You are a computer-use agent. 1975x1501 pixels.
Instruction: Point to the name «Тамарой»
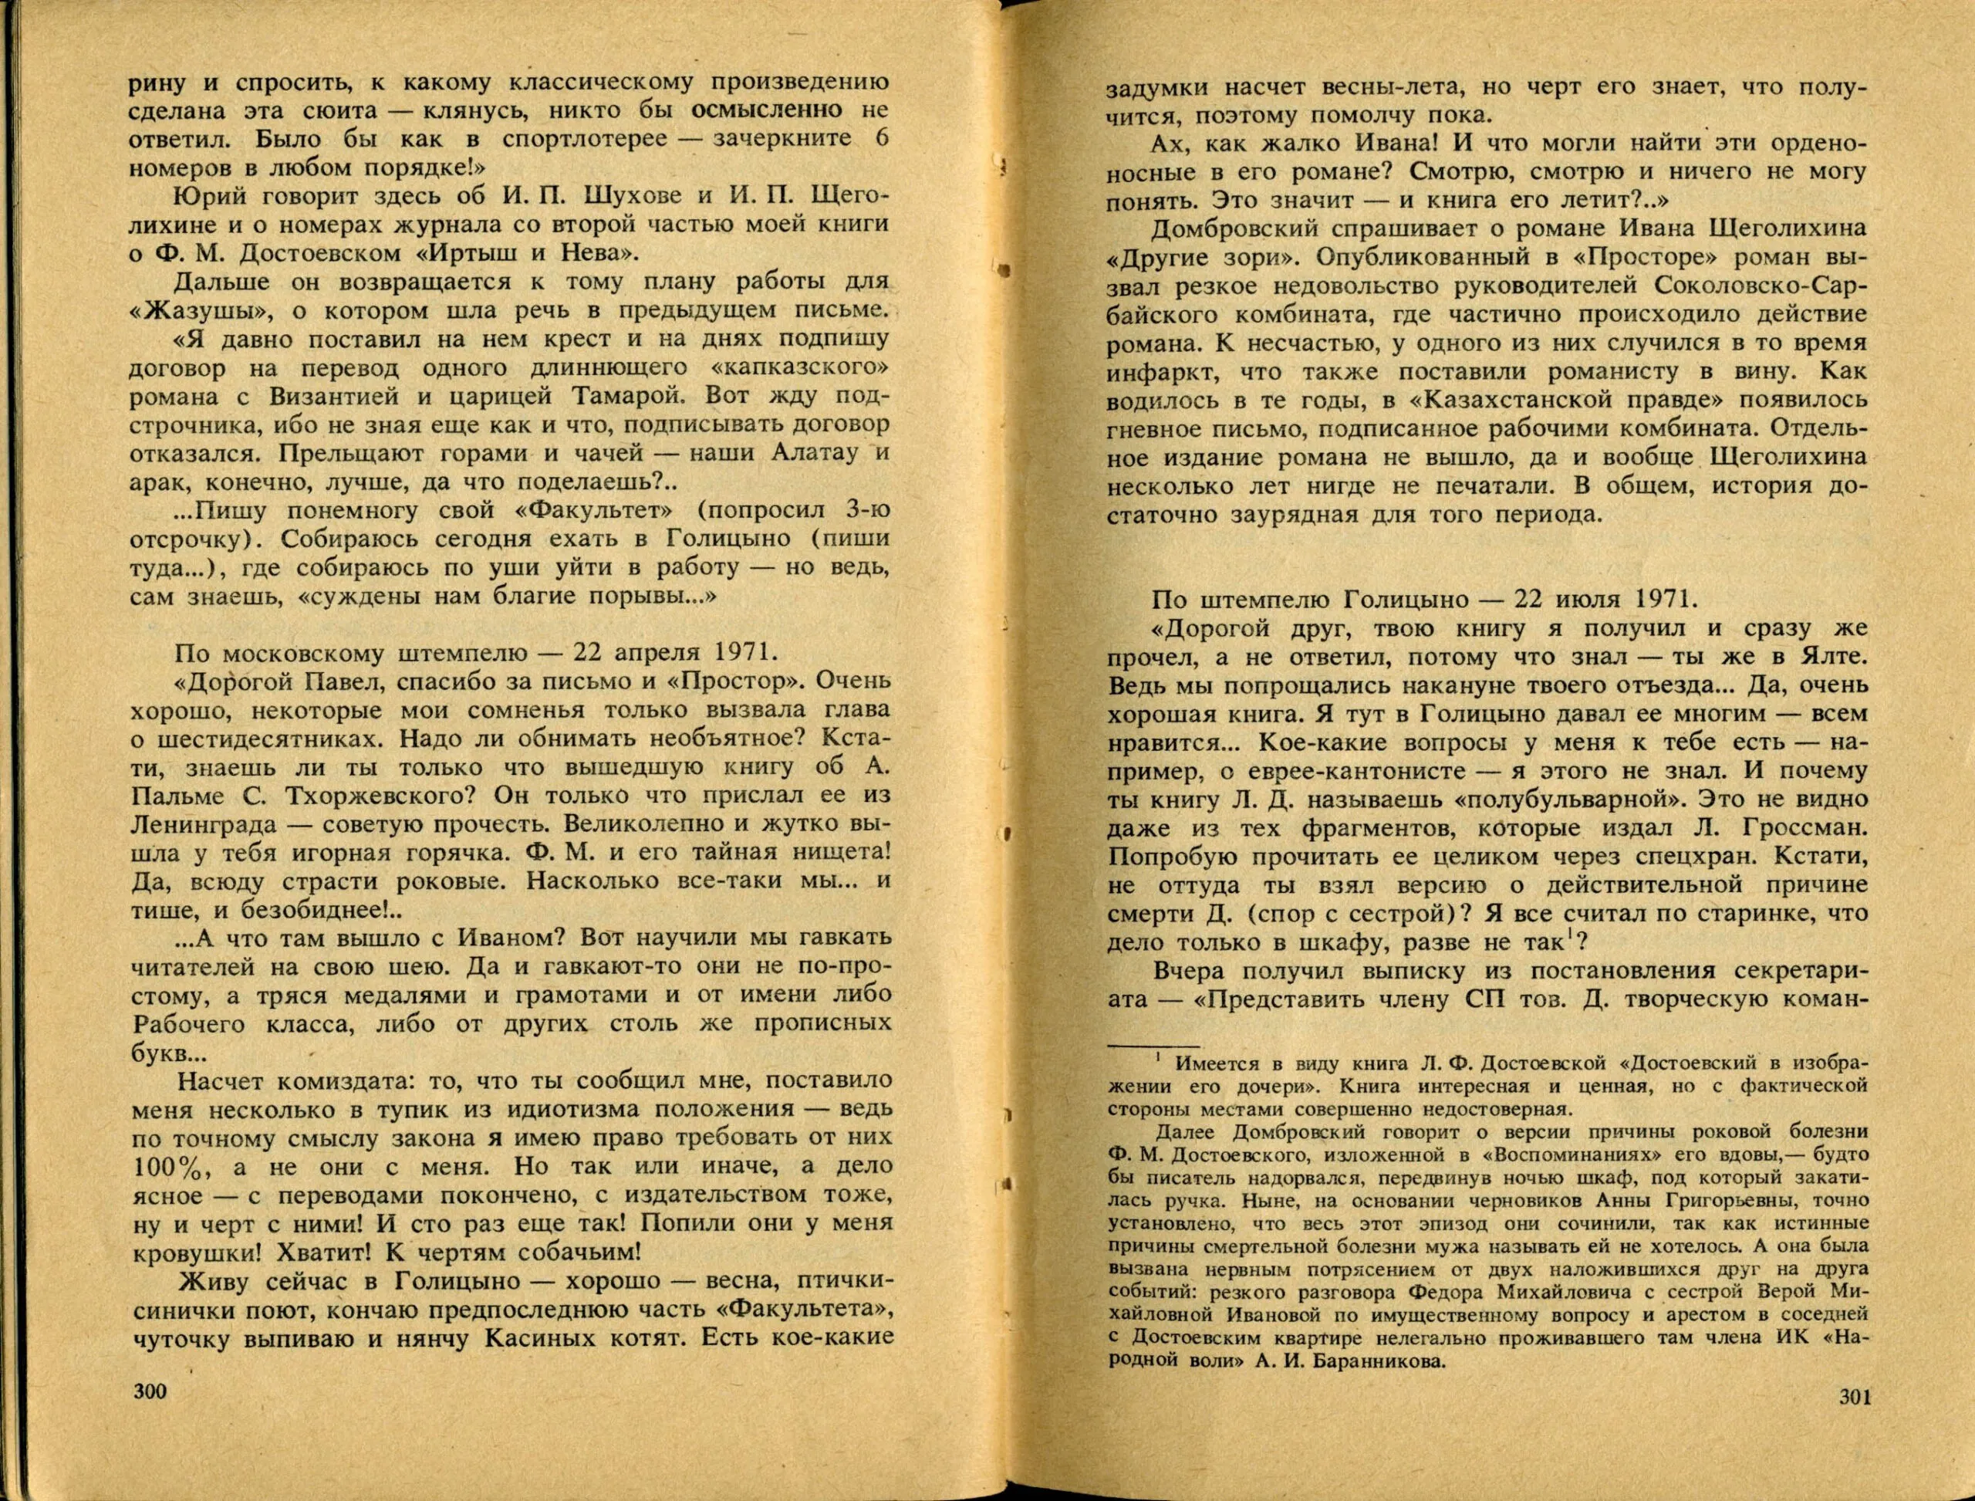tap(623, 395)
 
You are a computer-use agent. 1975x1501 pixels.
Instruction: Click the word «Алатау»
tap(815, 452)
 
